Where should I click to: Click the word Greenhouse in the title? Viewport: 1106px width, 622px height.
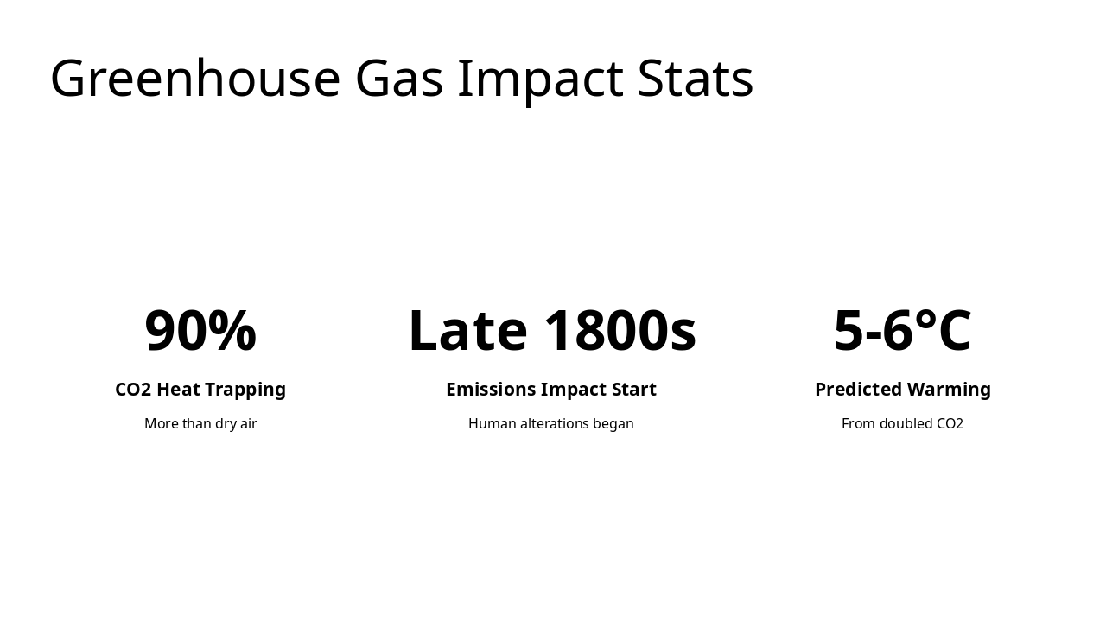point(195,79)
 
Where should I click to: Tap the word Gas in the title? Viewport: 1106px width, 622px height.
point(398,79)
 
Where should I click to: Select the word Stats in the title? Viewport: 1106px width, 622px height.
point(696,79)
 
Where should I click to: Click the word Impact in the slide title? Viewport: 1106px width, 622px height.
point(540,79)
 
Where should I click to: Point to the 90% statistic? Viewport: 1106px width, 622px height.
point(200,330)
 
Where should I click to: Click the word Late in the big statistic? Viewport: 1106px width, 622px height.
point(467,330)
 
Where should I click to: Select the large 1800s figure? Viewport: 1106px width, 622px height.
point(620,330)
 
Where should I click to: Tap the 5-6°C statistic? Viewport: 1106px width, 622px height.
point(902,330)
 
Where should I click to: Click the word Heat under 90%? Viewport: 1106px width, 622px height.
point(179,390)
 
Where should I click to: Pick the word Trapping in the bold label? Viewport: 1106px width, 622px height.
point(245,390)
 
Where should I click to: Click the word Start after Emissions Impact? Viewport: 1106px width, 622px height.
point(633,390)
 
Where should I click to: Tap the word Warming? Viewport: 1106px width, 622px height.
point(949,390)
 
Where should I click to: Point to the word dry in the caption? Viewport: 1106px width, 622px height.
point(226,424)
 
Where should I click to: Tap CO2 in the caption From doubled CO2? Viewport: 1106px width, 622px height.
point(950,424)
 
